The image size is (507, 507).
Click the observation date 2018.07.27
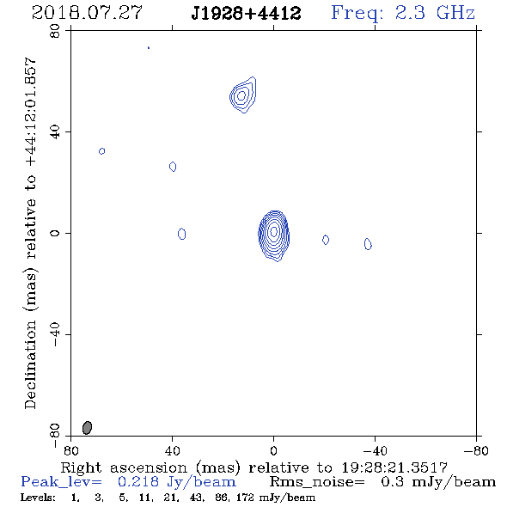pyautogui.click(x=87, y=13)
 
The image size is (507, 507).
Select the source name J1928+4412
pyautogui.click(x=246, y=14)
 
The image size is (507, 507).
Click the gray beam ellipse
pyautogui.click(x=87, y=427)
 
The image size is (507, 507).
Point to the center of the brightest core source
pyautogui.click(x=274, y=231)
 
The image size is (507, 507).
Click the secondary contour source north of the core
pyautogui.click(x=242, y=95)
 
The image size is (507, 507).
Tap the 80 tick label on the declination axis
pyautogui.click(x=55, y=31)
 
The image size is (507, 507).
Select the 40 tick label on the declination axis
pyautogui.click(x=55, y=132)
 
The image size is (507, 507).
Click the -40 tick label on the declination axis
pyautogui.click(x=55, y=334)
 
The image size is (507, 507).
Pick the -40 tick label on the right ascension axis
pyautogui.click(x=375, y=451)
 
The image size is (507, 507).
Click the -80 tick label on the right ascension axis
pyautogui.click(x=476, y=451)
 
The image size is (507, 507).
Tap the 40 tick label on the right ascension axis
pyautogui.click(x=172, y=451)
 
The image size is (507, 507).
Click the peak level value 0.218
pyautogui.click(x=138, y=482)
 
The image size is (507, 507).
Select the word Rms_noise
pyautogui.click(x=317, y=482)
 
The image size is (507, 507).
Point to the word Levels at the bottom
pyautogui.click(x=38, y=498)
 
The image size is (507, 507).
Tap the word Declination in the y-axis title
pyautogui.click(x=30, y=365)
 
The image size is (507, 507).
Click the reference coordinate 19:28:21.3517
pyautogui.click(x=394, y=467)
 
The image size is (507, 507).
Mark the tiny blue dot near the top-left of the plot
pyautogui.click(x=149, y=48)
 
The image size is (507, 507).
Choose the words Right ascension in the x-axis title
pyautogui.click(x=124, y=467)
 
